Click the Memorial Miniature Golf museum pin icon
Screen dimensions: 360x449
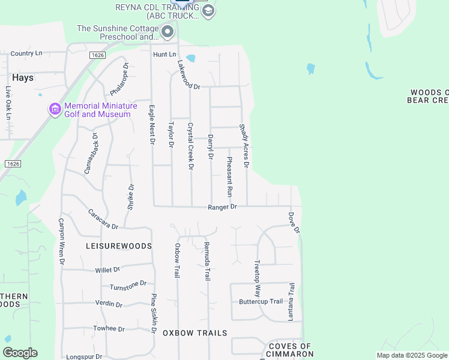click(55, 109)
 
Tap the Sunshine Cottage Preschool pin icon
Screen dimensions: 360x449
click(167, 31)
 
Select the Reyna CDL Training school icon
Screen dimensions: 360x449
click(208, 11)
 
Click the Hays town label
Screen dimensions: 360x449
click(23, 78)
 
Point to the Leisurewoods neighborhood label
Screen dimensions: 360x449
click(119, 246)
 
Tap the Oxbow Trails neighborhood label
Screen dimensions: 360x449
click(195, 332)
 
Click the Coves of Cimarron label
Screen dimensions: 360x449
click(290, 350)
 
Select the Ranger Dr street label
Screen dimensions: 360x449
click(223, 206)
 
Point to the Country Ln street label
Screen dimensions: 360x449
click(26, 53)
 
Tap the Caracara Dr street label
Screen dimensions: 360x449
click(103, 219)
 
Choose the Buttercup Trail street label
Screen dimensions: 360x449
click(261, 301)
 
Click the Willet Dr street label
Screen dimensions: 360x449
click(107, 270)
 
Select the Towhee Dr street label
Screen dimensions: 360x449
click(109, 329)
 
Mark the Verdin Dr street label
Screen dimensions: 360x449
click(109, 304)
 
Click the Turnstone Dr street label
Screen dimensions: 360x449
click(128, 285)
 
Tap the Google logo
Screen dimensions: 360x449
click(20, 353)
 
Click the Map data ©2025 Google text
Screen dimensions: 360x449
click(412, 355)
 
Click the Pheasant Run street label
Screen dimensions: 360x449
click(229, 177)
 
